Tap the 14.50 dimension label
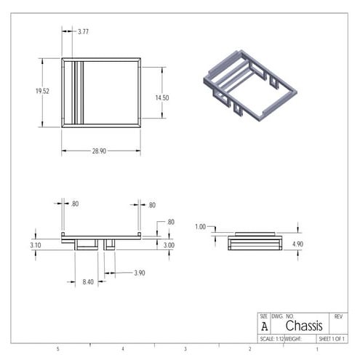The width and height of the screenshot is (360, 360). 161,97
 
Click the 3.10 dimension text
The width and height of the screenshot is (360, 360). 36,246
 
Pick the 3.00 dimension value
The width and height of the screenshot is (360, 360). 168,245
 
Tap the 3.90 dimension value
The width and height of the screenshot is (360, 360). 138,273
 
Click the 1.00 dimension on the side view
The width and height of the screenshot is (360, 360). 201,226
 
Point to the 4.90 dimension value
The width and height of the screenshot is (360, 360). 297,244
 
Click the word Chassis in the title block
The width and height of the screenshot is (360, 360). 303,327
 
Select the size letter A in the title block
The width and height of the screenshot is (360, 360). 264,327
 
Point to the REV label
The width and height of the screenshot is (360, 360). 338,316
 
